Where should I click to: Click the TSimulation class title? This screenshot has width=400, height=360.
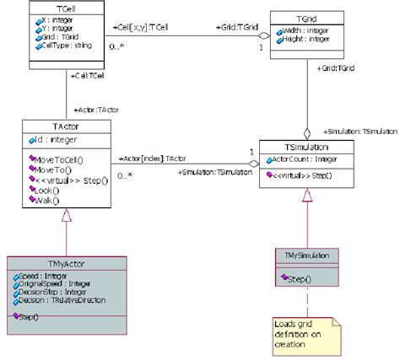click(x=307, y=145)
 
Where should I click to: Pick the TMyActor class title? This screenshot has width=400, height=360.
click(x=68, y=263)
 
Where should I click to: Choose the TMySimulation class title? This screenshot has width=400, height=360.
click(x=307, y=254)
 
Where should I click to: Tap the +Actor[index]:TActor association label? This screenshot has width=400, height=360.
click(x=152, y=158)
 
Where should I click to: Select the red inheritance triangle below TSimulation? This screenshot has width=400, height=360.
click(x=306, y=196)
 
